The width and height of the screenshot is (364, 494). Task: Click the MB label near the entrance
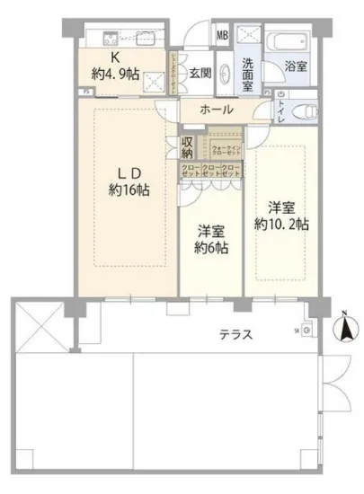point(221,38)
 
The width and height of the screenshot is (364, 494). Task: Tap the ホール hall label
point(217,110)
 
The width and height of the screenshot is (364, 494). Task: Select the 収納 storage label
point(188,146)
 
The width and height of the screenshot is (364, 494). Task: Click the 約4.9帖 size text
point(116,75)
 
